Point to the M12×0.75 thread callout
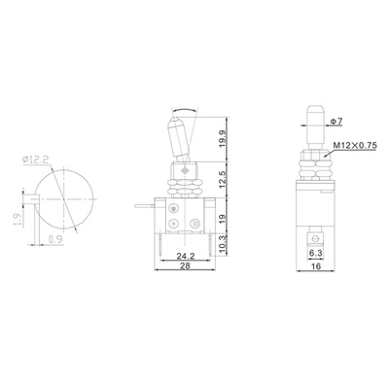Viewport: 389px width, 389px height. tap(353, 147)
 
